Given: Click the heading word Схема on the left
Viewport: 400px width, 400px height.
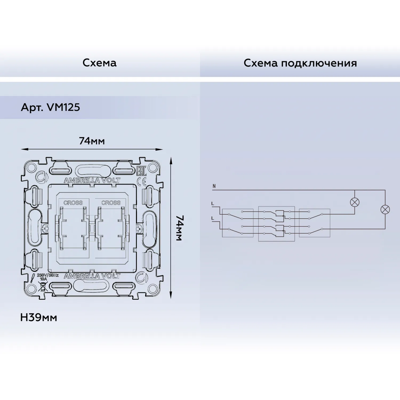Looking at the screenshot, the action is (x=99, y=63).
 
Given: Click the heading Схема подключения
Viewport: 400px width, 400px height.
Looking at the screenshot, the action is (x=300, y=63).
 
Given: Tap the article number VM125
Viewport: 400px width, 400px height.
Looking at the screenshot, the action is (x=63, y=107).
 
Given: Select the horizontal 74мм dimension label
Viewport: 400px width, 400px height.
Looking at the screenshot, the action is (x=92, y=141).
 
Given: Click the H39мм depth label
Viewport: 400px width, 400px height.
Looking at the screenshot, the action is (x=39, y=318).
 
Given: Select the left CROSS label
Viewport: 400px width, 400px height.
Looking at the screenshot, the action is (x=73, y=203).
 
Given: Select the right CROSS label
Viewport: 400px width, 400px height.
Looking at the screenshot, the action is (x=111, y=203).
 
